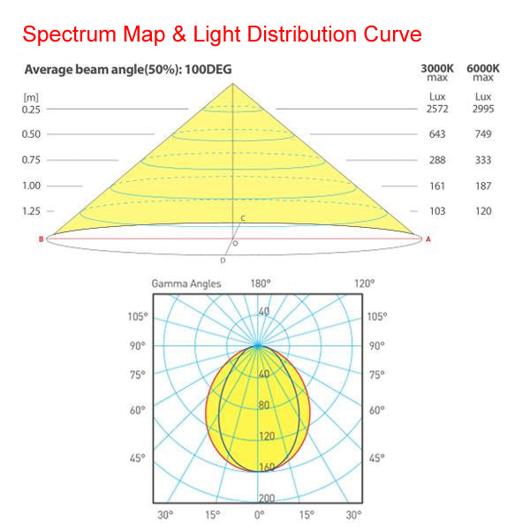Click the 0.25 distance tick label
[32, 109]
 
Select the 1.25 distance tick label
[32, 211]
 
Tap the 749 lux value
[483, 134]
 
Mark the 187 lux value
[483, 185]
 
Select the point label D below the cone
[223, 260]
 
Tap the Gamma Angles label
[185, 284]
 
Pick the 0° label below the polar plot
[259, 515]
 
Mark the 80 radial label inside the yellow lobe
[264, 405]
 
